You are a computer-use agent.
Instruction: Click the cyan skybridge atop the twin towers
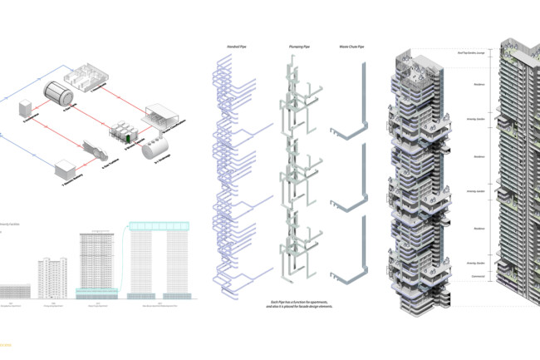pos(160,227)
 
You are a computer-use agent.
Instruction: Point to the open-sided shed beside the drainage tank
pos(164,114)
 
